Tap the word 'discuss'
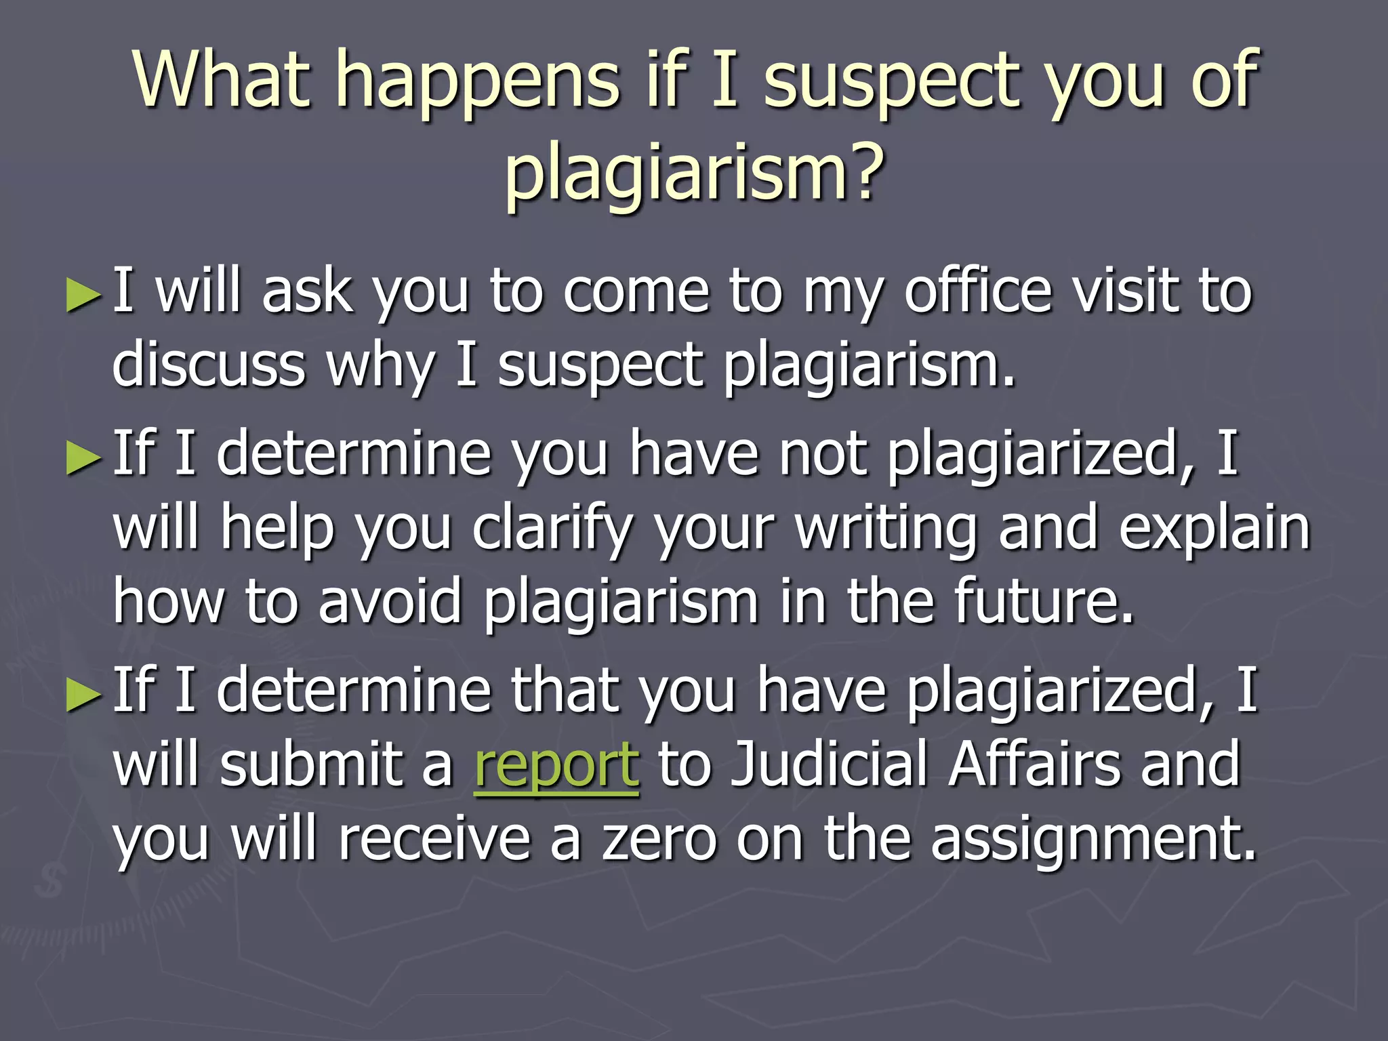coord(209,366)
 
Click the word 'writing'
coord(888,529)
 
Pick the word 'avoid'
coord(390,601)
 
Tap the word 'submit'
coord(312,764)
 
